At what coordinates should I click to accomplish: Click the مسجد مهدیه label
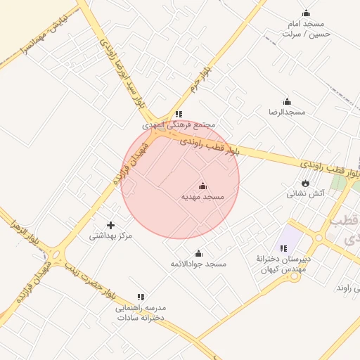coord(202,197)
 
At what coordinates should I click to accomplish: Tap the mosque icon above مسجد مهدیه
coord(203,186)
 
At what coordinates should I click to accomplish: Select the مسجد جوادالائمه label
coord(198,264)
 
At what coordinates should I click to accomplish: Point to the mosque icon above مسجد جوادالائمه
coord(198,253)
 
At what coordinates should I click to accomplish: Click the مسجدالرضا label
coord(286,112)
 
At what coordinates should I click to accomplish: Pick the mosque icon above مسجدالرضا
coord(286,102)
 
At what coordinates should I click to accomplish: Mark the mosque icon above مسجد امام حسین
coord(306,13)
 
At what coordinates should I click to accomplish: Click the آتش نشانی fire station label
coord(305,193)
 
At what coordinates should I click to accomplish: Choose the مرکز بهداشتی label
coord(110,236)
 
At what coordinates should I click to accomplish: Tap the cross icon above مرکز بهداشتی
coord(110,225)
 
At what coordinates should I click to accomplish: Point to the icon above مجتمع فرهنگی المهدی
coord(179,113)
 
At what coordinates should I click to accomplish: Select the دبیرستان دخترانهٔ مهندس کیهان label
coord(283,264)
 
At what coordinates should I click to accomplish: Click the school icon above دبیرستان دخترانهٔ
coord(283,248)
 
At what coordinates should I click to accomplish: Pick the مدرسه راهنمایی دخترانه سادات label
coord(140,313)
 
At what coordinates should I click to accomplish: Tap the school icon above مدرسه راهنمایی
coord(141,297)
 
